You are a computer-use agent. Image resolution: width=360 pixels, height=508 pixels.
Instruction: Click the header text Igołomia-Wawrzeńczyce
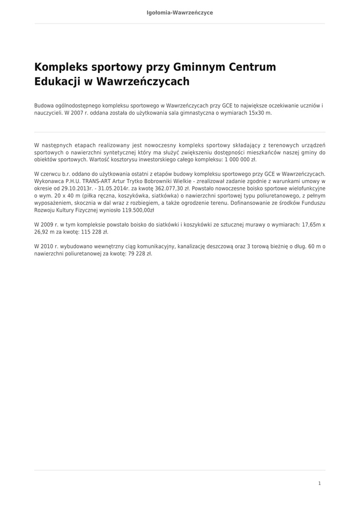(180, 12)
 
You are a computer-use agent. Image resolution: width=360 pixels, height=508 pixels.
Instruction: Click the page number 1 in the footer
(319, 483)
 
